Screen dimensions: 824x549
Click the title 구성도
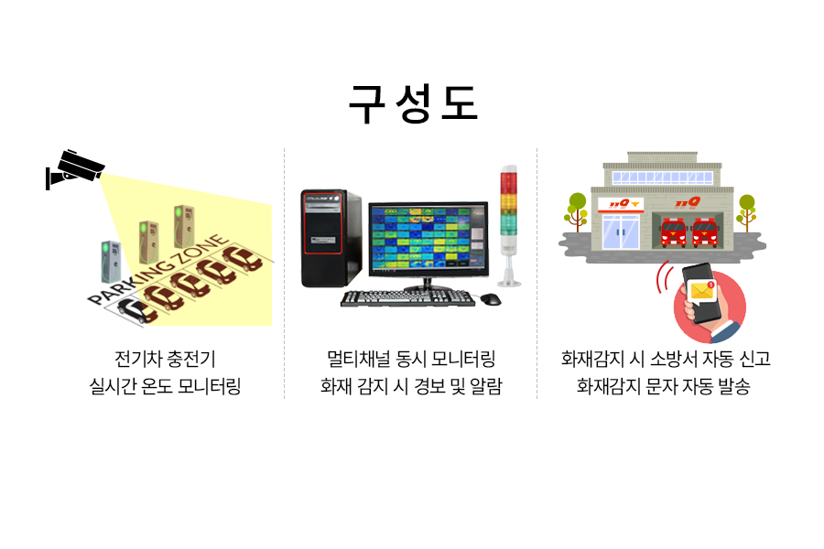coord(413,103)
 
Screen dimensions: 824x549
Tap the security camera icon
coord(75,168)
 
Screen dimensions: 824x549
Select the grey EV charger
coord(111,263)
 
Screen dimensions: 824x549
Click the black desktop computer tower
coord(331,239)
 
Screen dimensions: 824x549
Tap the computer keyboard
coord(407,298)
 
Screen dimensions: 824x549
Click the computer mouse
coord(491,299)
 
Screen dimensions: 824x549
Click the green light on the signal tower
coord(509,224)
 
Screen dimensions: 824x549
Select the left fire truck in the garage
coord(673,232)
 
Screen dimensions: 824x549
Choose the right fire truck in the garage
coord(705,232)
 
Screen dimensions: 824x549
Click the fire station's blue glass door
coord(621,231)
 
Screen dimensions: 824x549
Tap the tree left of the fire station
coord(577,211)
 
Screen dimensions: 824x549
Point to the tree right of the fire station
coord(746,212)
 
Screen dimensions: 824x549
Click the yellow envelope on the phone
coord(701,291)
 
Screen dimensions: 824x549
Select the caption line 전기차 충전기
coord(165,359)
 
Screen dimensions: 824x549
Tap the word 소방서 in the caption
coord(673,359)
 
